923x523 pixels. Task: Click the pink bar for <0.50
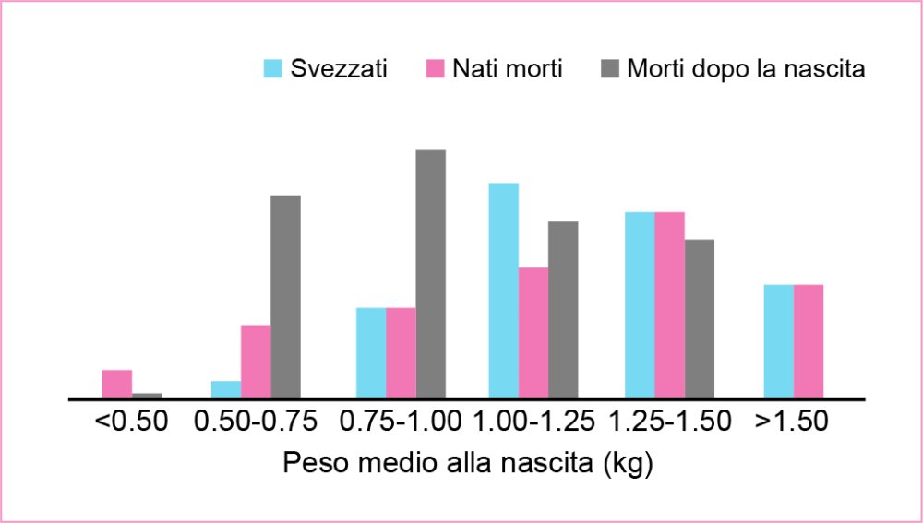(x=117, y=384)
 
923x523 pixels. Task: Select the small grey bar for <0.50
(x=147, y=396)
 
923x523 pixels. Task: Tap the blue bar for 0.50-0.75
(x=226, y=389)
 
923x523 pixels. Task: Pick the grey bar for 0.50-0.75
(x=285, y=296)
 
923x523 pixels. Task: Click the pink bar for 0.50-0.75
(x=256, y=362)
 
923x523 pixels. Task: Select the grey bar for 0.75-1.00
(x=430, y=274)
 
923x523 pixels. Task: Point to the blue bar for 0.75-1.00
(x=371, y=352)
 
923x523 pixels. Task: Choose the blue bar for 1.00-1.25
(x=503, y=291)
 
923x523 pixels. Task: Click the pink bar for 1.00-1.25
(x=533, y=333)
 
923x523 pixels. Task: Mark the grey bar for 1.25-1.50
(x=700, y=318)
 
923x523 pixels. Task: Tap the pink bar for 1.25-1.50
(x=669, y=305)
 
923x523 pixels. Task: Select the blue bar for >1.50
(x=779, y=341)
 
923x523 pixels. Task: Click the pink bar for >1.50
(x=809, y=341)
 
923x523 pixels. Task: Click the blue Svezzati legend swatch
(x=272, y=69)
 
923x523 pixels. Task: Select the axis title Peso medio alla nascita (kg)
(x=468, y=464)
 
